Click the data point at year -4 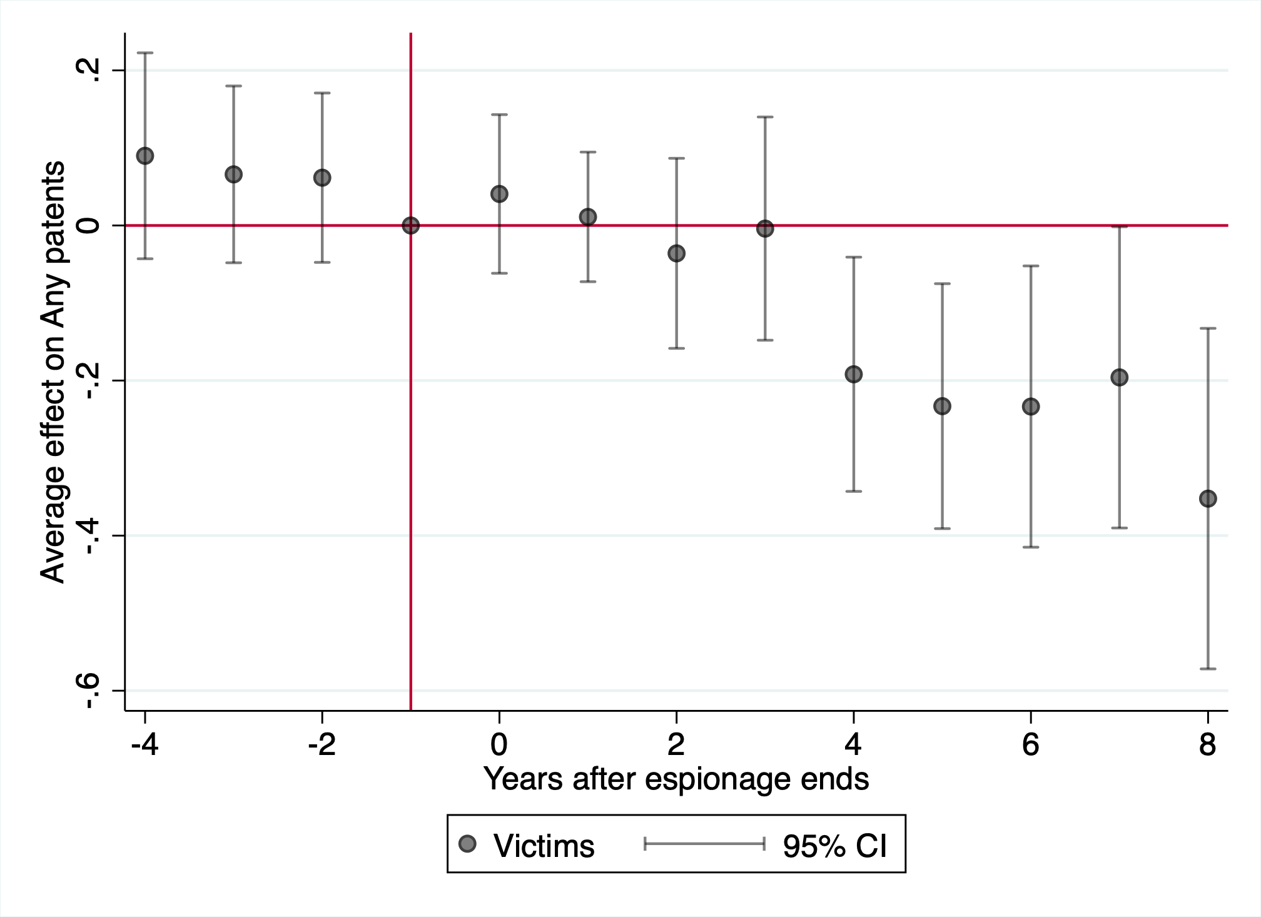[145, 156]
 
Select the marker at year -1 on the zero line [410, 225]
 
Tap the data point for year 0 [499, 194]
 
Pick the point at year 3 [765, 229]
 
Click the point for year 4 [854, 374]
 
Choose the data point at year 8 [1208, 499]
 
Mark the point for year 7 [1119, 377]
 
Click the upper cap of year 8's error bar [1208, 328]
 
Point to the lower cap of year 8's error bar [1208, 669]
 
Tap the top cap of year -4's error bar [145, 53]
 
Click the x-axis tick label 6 [1031, 744]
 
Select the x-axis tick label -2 [322, 744]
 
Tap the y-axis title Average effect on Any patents [53, 372]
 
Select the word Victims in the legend [544, 846]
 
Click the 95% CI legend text [835, 846]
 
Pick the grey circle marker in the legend [467, 844]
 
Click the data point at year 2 [676, 253]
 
